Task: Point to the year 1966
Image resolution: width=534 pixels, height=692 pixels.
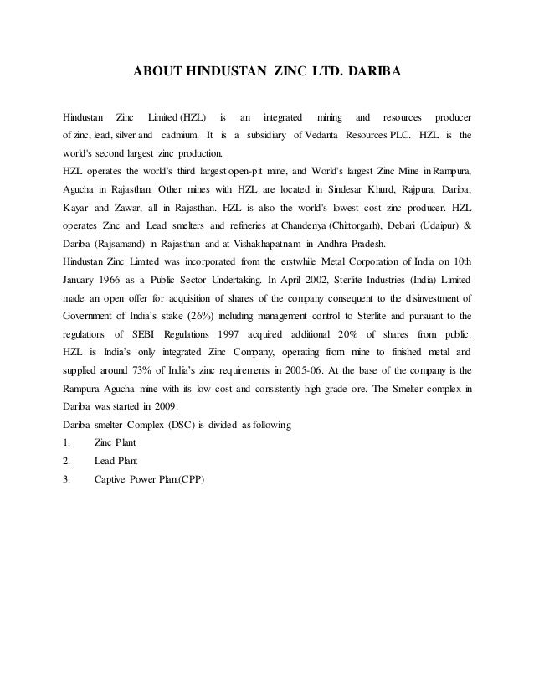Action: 121,281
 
